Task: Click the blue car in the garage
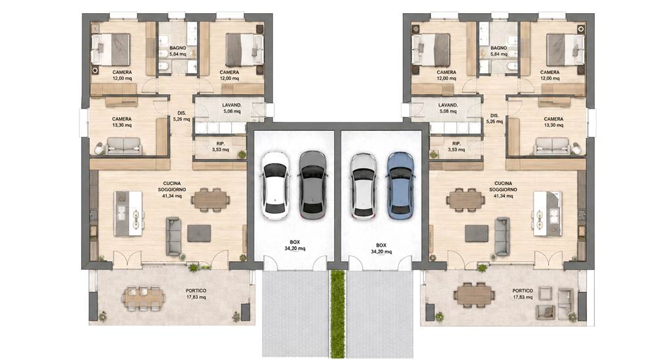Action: [400, 186]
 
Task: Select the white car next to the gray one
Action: [275, 185]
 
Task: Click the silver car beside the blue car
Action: [364, 186]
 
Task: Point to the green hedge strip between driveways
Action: [337, 314]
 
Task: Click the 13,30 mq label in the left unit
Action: [122, 125]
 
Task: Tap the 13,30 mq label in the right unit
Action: [553, 125]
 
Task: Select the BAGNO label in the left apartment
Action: [178, 48]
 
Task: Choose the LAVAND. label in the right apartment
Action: [448, 105]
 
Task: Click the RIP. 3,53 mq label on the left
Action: [220, 147]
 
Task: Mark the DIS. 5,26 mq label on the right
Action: [495, 118]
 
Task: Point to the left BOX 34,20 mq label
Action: [295, 245]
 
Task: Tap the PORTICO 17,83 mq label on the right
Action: [523, 294]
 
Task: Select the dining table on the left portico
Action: [143, 298]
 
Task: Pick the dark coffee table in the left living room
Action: [199, 233]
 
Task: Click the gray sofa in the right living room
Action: [502, 236]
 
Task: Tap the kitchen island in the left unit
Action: [128, 213]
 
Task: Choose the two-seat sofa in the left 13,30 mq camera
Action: [124, 146]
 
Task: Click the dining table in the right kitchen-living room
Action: [465, 200]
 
